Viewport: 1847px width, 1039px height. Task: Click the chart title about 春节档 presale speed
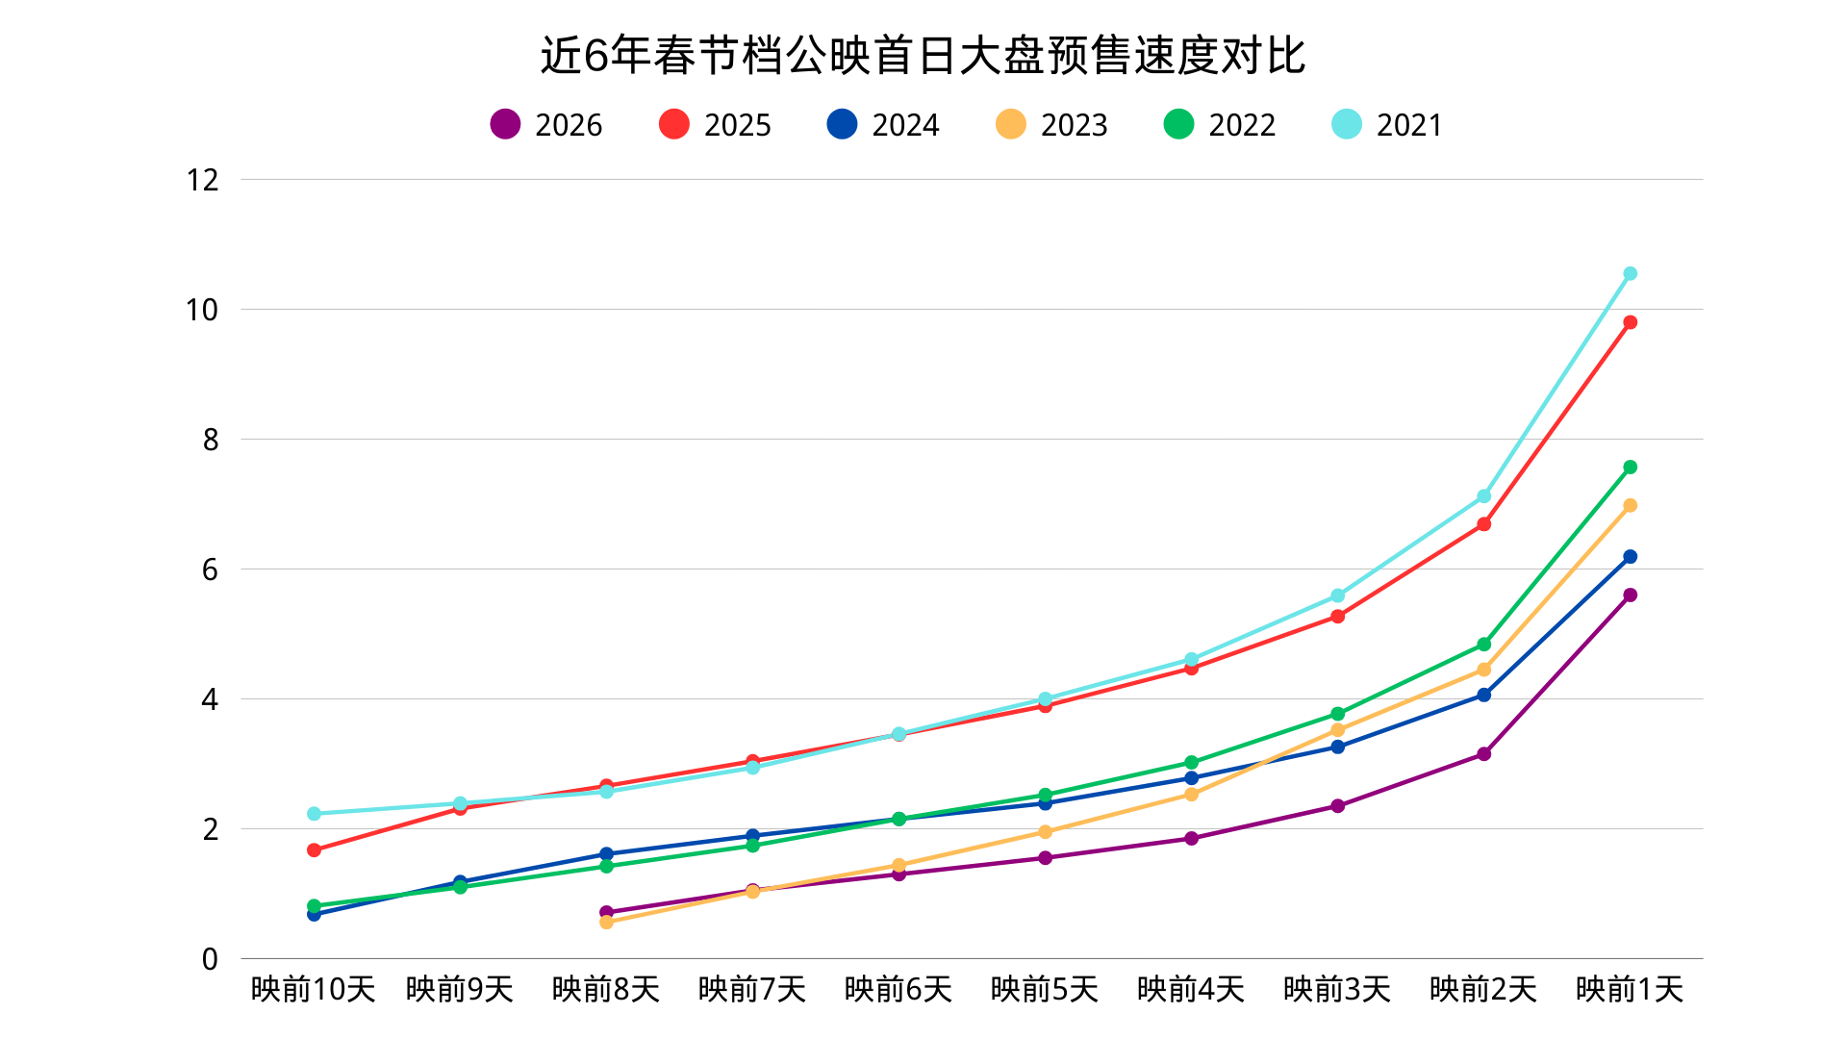click(923, 56)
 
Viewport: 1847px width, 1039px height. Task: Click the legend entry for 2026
click(546, 125)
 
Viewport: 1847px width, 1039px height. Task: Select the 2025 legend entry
click(716, 125)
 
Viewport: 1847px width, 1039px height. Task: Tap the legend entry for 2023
click(1052, 125)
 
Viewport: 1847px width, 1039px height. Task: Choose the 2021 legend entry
click(1388, 125)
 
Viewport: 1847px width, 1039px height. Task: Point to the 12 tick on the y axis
click(203, 180)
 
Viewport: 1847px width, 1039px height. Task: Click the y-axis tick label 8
click(211, 440)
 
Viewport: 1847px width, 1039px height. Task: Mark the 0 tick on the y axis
click(210, 959)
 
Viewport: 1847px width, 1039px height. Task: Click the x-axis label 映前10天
click(313, 989)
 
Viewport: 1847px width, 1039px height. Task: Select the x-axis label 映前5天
click(1045, 989)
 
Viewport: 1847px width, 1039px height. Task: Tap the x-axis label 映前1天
click(1630, 989)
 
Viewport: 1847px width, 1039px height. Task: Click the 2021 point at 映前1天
click(1630, 274)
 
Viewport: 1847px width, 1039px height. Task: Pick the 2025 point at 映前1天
click(1630, 322)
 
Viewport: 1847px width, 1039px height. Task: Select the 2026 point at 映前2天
click(1483, 754)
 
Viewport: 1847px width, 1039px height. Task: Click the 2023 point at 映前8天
click(606, 923)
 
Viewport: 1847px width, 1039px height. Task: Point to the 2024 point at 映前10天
click(314, 915)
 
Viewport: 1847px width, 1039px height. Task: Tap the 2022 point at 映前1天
click(1630, 468)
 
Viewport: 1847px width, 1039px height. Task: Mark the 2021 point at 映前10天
click(314, 814)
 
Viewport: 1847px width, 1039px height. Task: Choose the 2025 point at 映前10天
click(314, 850)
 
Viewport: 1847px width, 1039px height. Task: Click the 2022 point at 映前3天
click(1337, 714)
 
